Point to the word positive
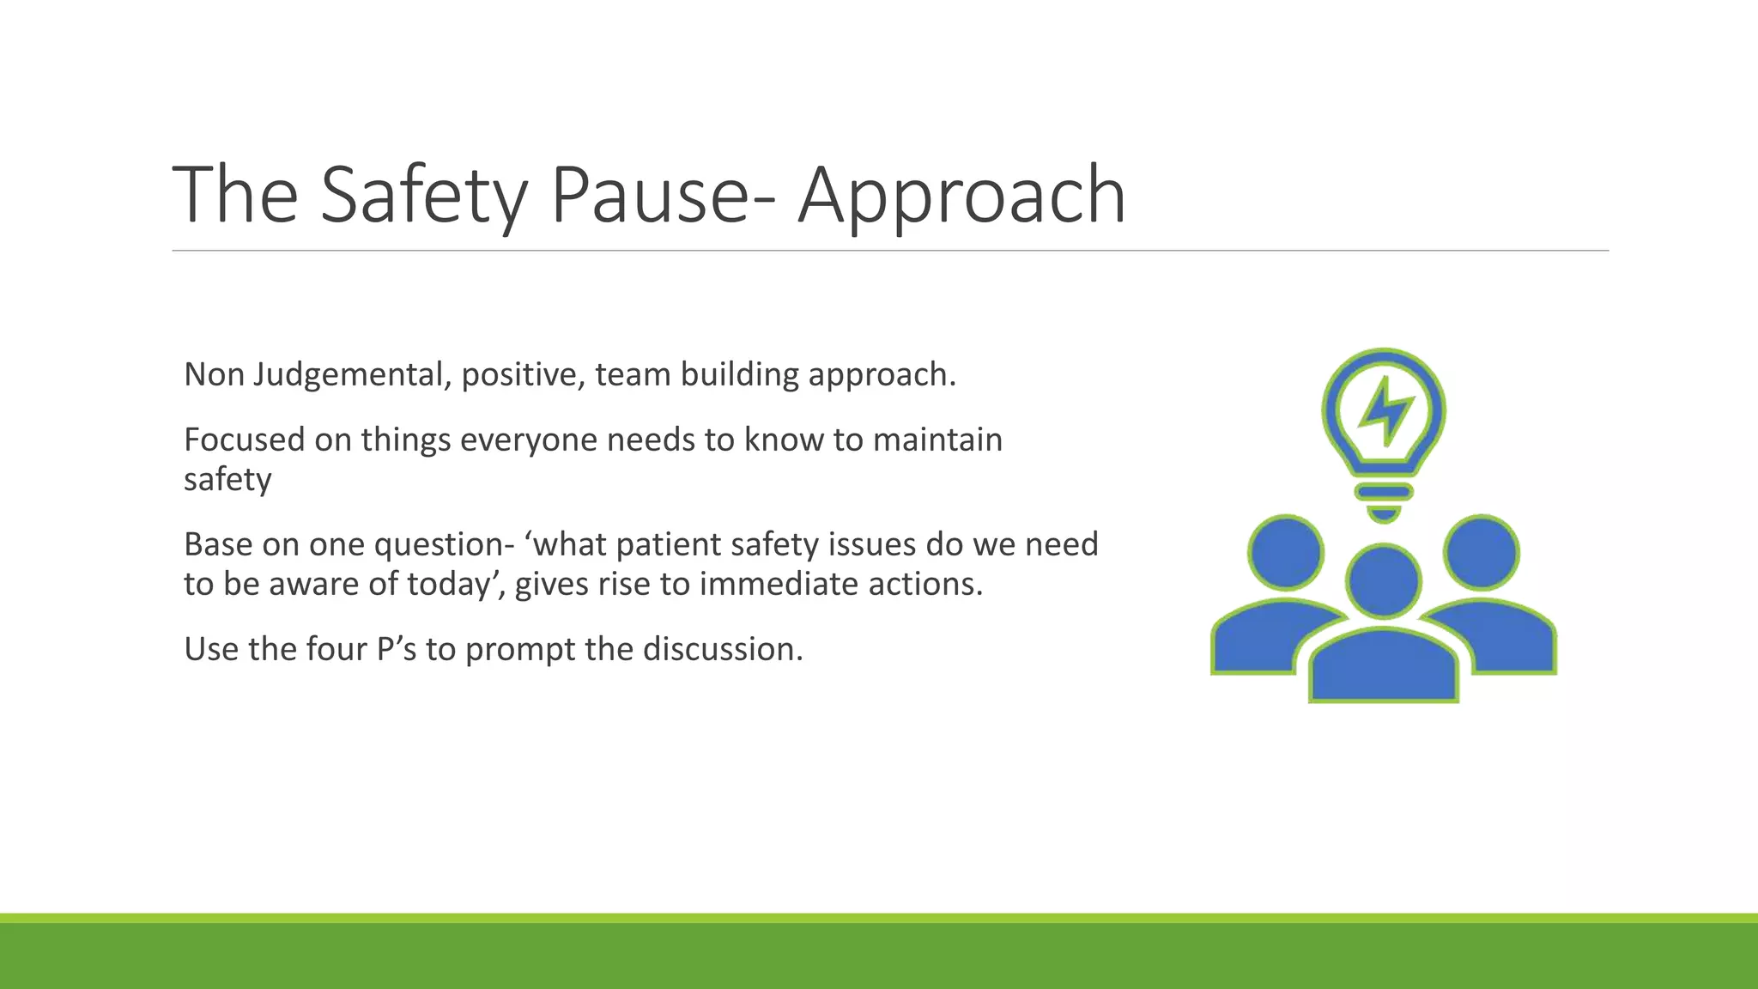pyautogui.click(x=523, y=375)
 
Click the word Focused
pyautogui.click(x=245, y=440)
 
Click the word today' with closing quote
pyautogui.click(x=454, y=584)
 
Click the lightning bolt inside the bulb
pyautogui.click(x=1384, y=410)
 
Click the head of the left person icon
pyautogui.click(x=1286, y=552)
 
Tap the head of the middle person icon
pyautogui.click(x=1384, y=581)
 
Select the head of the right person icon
pyautogui.click(x=1482, y=552)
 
